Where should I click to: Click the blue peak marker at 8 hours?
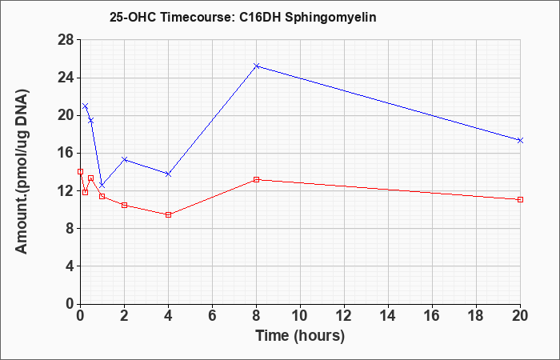[257, 66]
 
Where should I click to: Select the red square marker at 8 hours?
[257, 180]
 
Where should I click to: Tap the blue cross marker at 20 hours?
[520, 140]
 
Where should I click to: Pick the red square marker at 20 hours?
[520, 199]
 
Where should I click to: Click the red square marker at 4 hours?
[169, 214]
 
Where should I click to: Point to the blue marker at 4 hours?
[169, 174]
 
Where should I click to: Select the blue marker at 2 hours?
[124, 159]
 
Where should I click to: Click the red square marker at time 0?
[80, 171]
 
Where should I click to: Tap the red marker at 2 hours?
[124, 205]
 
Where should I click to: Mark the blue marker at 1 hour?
[102, 185]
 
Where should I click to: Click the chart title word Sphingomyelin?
[330, 18]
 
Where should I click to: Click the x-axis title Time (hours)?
[300, 336]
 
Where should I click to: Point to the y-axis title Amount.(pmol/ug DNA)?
[22, 171]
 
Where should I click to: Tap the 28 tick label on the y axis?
[66, 40]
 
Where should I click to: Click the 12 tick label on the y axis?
[66, 190]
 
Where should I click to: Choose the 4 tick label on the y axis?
[70, 266]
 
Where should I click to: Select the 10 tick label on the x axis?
[300, 315]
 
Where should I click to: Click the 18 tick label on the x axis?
[477, 315]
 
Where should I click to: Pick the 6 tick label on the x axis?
[212, 315]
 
